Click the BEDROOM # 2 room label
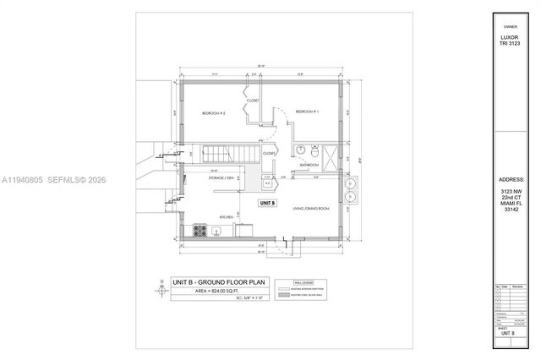213,112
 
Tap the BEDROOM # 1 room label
305,112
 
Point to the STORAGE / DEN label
221,179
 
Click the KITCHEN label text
227,217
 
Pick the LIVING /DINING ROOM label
310,208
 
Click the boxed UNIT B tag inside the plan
267,204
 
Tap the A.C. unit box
267,183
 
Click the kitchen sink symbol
217,231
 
